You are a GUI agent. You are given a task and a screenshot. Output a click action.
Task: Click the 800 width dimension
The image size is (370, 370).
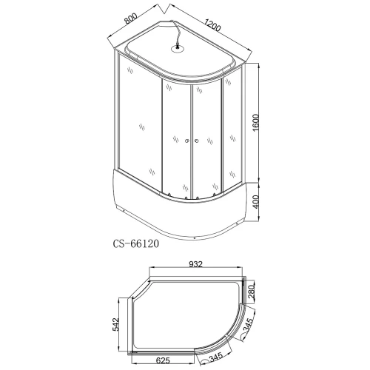(x=130, y=18)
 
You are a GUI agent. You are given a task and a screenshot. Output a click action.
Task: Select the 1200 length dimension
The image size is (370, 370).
(x=212, y=25)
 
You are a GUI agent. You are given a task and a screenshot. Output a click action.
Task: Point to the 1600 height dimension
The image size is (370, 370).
(x=256, y=123)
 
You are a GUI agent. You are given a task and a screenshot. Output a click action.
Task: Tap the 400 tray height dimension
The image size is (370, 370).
(x=256, y=202)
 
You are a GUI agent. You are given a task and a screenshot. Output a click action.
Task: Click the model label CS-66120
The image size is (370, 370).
(x=136, y=243)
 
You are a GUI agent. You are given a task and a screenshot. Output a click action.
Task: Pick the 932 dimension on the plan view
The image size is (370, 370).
(x=195, y=264)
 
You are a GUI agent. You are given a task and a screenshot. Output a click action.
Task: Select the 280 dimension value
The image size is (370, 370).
(x=252, y=292)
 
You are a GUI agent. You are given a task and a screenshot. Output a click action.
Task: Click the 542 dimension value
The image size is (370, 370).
(x=115, y=324)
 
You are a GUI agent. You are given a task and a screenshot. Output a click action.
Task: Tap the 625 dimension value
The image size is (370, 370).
(x=163, y=360)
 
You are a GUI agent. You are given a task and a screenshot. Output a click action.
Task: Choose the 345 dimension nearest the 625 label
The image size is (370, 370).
(x=215, y=357)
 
